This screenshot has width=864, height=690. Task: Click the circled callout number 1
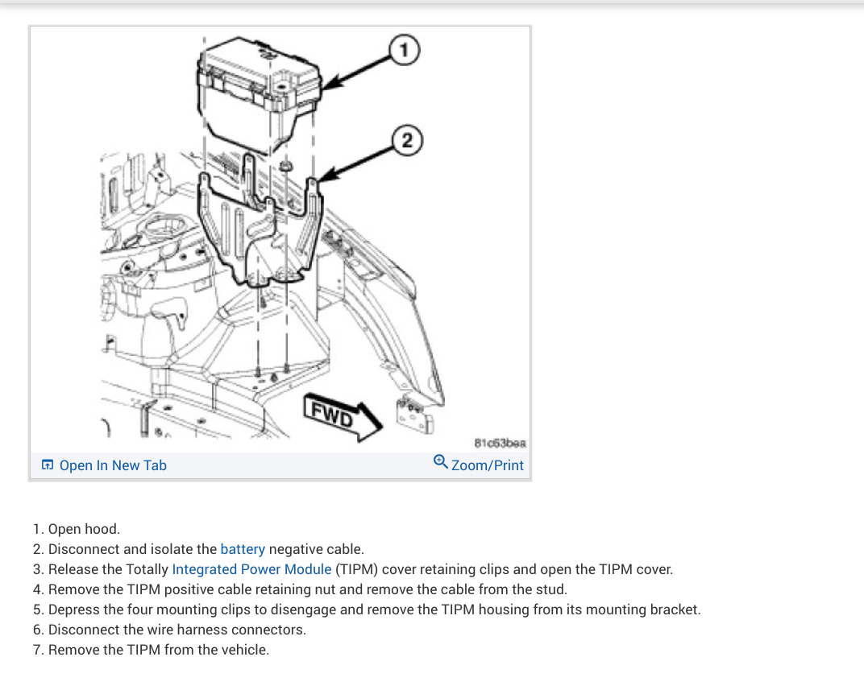(x=404, y=51)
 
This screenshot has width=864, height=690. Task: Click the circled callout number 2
(x=408, y=140)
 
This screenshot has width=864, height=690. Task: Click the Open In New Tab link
(x=113, y=465)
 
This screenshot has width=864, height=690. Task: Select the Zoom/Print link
(x=488, y=465)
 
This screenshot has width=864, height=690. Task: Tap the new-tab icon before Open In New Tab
(x=48, y=465)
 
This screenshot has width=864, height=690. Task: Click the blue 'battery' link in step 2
(x=243, y=549)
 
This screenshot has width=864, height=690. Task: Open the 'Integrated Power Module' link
(x=251, y=569)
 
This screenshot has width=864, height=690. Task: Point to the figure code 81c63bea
(x=500, y=443)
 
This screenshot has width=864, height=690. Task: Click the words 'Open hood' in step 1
(x=84, y=529)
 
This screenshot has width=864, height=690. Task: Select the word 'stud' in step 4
(x=551, y=589)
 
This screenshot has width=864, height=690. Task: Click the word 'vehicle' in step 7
(x=243, y=650)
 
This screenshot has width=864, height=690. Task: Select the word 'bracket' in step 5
(x=675, y=609)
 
